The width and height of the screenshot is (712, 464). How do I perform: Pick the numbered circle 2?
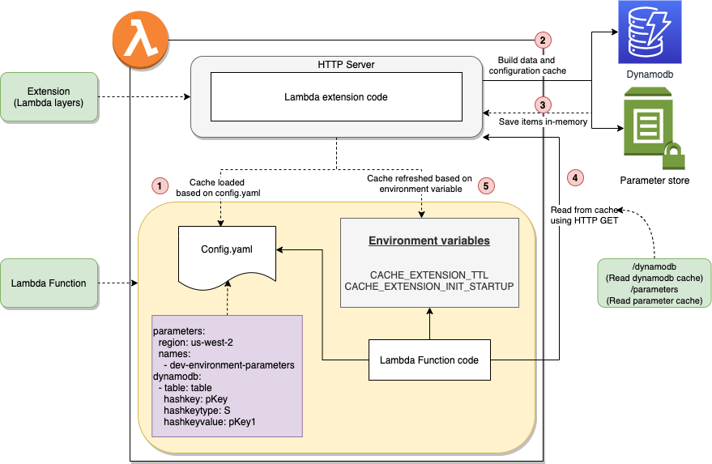(x=542, y=40)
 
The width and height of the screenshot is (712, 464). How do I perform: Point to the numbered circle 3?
(x=542, y=104)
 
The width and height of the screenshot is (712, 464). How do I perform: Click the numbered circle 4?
(x=574, y=177)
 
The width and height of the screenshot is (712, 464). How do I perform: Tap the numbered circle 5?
(x=485, y=185)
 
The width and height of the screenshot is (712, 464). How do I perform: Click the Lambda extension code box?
(x=335, y=97)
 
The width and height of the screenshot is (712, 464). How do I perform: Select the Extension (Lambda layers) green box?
(x=49, y=97)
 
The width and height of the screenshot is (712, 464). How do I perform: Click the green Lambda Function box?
(x=49, y=283)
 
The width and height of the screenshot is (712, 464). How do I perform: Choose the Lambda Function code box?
(x=429, y=360)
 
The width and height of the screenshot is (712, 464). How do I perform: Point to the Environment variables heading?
(x=428, y=241)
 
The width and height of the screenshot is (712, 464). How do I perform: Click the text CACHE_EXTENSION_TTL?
(x=428, y=275)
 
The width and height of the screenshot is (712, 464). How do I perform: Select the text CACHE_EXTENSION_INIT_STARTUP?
(x=428, y=287)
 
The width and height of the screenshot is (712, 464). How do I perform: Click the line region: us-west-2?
(x=194, y=343)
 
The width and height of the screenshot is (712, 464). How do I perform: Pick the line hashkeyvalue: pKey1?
(x=210, y=422)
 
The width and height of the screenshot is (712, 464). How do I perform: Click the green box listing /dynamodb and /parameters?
(x=654, y=283)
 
